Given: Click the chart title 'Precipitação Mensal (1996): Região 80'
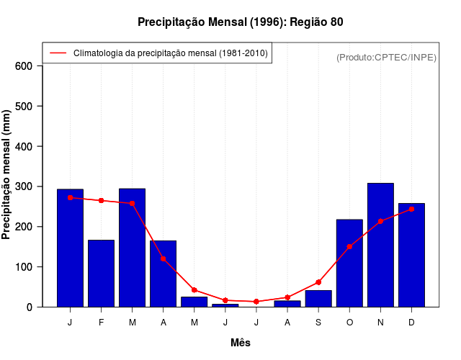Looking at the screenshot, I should coord(241,22).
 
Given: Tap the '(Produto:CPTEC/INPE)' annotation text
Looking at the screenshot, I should coord(386,57).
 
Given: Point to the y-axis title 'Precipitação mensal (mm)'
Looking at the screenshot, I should coord(6,175).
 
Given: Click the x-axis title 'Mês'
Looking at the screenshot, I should coord(241,343).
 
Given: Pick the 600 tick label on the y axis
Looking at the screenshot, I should coord(24,66).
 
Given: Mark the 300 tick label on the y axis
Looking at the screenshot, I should coord(24,186).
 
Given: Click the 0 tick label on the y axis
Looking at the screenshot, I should coord(30,307).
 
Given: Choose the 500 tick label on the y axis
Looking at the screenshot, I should coord(24,107).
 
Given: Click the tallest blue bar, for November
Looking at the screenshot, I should coord(380,245).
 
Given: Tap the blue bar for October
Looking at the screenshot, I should coord(349,263).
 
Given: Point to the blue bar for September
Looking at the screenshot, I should coord(318,299).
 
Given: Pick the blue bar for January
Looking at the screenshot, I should coord(70,248).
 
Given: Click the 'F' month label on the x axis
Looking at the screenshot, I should coord(101,323).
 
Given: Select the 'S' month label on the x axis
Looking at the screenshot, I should coord(318,323).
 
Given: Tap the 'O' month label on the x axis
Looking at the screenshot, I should coord(349,323).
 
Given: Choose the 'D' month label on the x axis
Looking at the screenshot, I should coord(411,323).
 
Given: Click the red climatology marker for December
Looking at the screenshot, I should coord(411,209).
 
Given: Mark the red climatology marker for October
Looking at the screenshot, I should coord(349,246).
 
